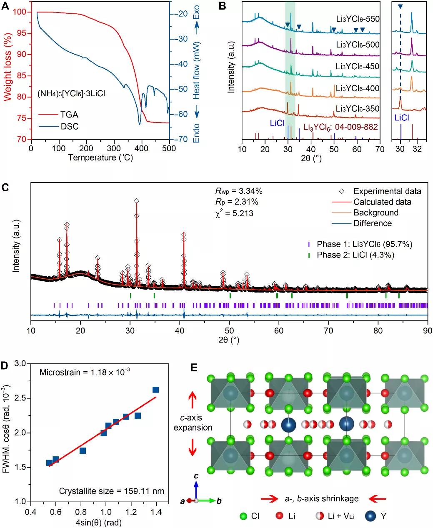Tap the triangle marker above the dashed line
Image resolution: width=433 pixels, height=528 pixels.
pyautogui.click(x=400, y=7)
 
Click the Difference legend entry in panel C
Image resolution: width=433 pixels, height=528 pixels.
pyautogui.click(x=373, y=223)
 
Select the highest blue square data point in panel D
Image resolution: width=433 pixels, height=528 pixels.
pyautogui.click(x=155, y=390)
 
